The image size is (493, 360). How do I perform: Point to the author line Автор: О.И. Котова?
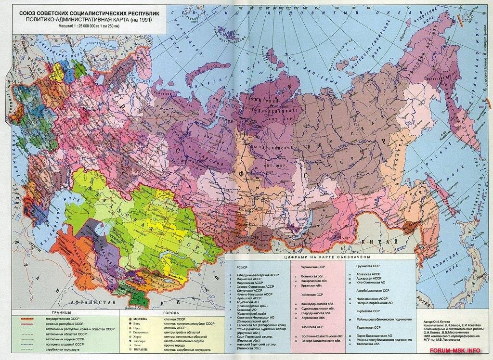pos(438,320)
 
